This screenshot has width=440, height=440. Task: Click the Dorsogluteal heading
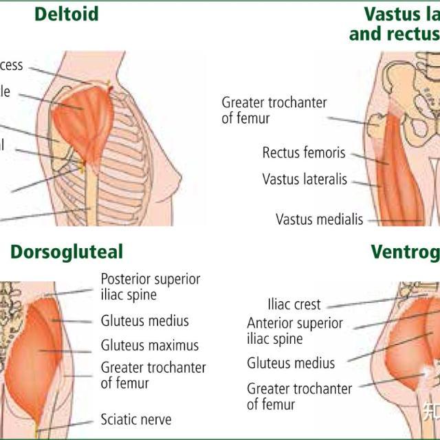[x=67, y=252]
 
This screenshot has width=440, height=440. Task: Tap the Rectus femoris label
[x=304, y=153]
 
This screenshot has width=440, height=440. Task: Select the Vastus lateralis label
[x=305, y=179]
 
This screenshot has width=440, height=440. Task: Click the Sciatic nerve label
[x=136, y=419]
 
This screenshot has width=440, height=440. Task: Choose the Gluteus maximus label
[x=150, y=345]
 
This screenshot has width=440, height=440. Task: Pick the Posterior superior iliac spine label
[x=151, y=287]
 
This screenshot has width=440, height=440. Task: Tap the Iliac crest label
[x=294, y=304]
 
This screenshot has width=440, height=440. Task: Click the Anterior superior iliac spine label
[x=294, y=331]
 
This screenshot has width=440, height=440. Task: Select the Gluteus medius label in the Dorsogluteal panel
[x=145, y=320]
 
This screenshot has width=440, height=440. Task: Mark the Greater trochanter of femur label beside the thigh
[x=274, y=110]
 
